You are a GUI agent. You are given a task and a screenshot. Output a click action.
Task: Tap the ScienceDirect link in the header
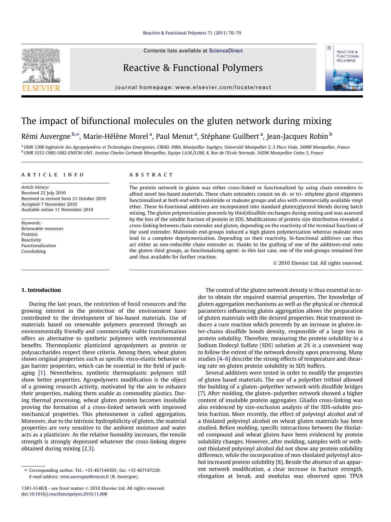226,50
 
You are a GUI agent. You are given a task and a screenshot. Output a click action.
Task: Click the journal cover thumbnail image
344,67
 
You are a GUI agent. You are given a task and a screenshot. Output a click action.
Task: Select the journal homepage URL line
193,87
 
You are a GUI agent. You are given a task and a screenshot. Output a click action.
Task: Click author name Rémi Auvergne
46,136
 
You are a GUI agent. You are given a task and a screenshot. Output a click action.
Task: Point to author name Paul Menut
174,136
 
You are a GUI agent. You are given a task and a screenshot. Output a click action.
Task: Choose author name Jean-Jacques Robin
297,136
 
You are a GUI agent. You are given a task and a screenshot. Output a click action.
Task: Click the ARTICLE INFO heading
53,175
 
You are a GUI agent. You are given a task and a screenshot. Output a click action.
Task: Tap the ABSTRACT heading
151,175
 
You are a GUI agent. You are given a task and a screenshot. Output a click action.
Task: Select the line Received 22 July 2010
43,193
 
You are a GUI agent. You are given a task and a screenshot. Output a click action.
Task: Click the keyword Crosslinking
34,251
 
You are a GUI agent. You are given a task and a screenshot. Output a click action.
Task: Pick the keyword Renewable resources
42,228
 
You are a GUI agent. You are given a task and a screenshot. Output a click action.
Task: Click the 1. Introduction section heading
41,290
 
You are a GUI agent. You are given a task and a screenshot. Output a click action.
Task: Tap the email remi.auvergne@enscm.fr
84,477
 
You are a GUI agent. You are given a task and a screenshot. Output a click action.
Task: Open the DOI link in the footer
68,494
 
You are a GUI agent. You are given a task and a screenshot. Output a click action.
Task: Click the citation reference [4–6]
223,359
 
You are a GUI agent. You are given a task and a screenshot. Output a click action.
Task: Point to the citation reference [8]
279,462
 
